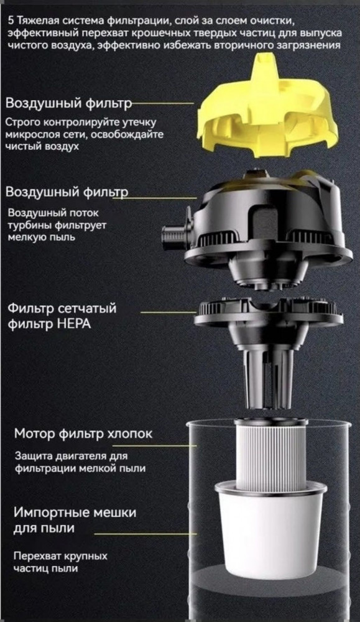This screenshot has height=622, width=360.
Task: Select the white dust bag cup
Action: [x=271, y=527]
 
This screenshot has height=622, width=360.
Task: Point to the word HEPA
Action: [x=74, y=324]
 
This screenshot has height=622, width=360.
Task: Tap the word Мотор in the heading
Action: [x=34, y=434]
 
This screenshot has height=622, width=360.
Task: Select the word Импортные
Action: [x=51, y=513]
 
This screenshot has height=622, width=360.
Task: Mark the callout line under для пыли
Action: [x=145, y=534]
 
